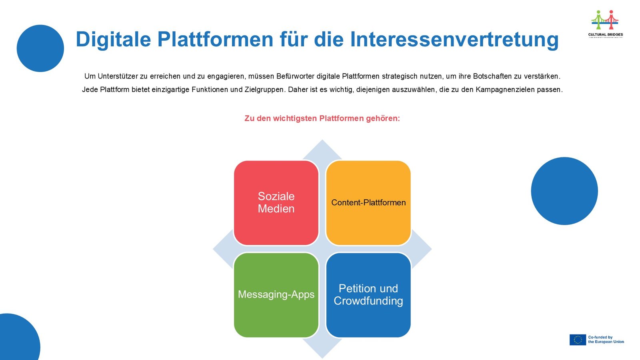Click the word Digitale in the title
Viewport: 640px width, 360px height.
(x=114, y=40)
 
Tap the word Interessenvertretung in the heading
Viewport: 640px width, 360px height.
(x=454, y=40)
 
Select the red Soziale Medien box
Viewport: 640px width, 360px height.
(x=276, y=202)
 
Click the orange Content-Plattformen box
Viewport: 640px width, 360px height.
(x=368, y=202)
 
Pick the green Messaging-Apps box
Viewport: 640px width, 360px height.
(x=276, y=295)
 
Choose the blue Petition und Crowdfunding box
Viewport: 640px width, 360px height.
(x=368, y=295)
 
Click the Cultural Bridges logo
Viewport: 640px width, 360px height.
(x=605, y=24)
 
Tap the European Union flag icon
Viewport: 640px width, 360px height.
(x=578, y=340)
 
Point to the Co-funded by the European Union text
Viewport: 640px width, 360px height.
(x=606, y=340)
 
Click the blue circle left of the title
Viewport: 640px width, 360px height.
(x=40, y=48)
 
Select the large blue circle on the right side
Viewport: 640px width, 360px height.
(x=564, y=191)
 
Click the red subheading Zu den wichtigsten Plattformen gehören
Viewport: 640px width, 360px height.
(x=322, y=118)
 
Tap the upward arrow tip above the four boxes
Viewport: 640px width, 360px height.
(x=322, y=140)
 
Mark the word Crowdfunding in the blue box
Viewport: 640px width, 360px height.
(x=368, y=301)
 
